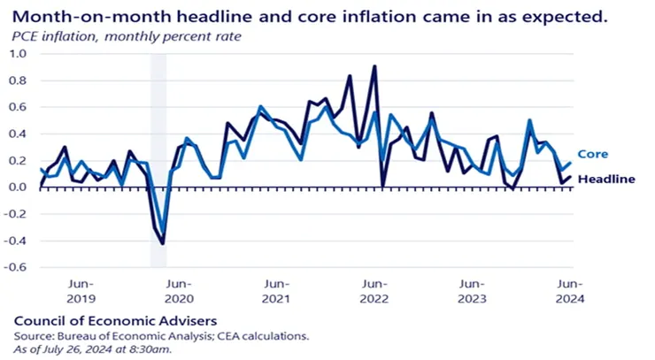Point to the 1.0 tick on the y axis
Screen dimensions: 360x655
point(19,54)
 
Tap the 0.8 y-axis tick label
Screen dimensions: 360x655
point(19,80)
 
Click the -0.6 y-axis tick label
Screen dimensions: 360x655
point(17,267)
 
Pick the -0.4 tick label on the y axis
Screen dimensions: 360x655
point(17,241)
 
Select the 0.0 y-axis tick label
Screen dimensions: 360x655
point(19,188)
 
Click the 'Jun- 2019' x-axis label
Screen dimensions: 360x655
point(81,292)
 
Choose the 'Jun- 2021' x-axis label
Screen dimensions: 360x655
point(277,292)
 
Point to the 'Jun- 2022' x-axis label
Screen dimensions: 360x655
point(374,292)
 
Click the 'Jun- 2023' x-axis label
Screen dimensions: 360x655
point(472,292)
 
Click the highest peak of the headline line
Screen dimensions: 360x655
point(375,65)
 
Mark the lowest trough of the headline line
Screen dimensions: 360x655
point(163,243)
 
